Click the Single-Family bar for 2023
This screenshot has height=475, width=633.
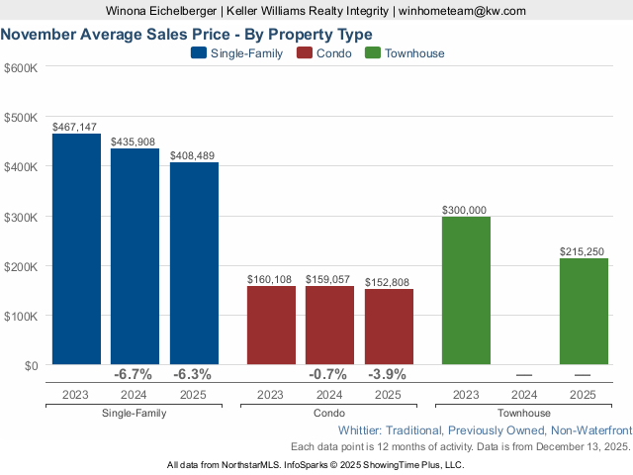click(x=76, y=249)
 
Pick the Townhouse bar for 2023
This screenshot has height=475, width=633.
click(x=466, y=291)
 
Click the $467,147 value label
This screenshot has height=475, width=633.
click(x=75, y=127)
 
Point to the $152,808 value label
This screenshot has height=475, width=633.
click(x=389, y=281)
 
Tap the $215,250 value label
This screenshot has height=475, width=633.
click(x=583, y=251)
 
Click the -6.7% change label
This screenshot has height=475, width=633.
click(x=134, y=375)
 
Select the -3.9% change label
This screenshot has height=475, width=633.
click(x=388, y=375)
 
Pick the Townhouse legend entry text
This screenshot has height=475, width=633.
click(x=414, y=53)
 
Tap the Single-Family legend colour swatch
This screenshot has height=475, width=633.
click(x=199, y=53)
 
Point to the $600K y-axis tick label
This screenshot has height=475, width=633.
click(x=21, y=67)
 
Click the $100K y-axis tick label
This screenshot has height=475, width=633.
click(x=21, y=316)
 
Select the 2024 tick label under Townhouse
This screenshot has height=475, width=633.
click(x=524, y=394)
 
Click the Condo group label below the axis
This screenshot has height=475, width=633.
click(x=329, y=413)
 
